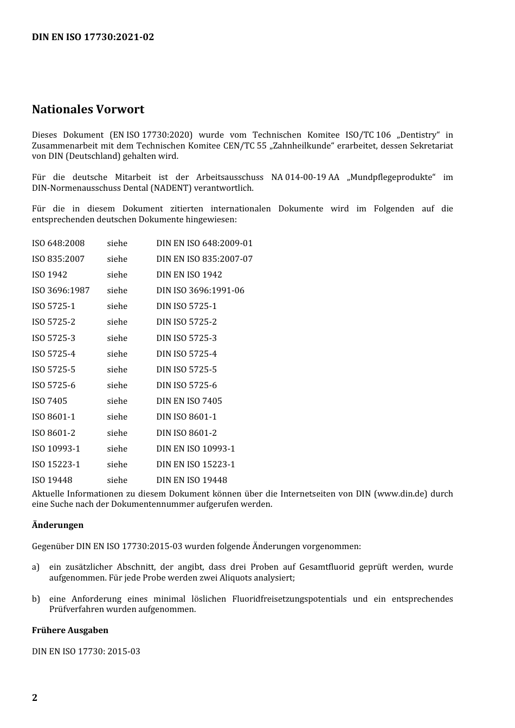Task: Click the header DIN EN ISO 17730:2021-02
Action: point(93,37)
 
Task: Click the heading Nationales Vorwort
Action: point(88,109)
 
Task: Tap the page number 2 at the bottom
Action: point(35,698)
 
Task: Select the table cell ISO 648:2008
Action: point(58,243)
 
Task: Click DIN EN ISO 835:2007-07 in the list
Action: point(204,259)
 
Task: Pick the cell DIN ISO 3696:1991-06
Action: point(200,291)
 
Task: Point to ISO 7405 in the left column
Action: point(49,401)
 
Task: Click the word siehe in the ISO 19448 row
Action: point(117,480)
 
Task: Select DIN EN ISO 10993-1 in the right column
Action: point(196,449)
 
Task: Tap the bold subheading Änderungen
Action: point(57,525)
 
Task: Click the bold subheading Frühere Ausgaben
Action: point(70,630)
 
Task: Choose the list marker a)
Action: point(36,567)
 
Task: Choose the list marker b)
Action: point(36,599)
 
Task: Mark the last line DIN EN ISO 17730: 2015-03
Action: point(86,652)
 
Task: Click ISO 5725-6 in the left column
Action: point(54,385)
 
